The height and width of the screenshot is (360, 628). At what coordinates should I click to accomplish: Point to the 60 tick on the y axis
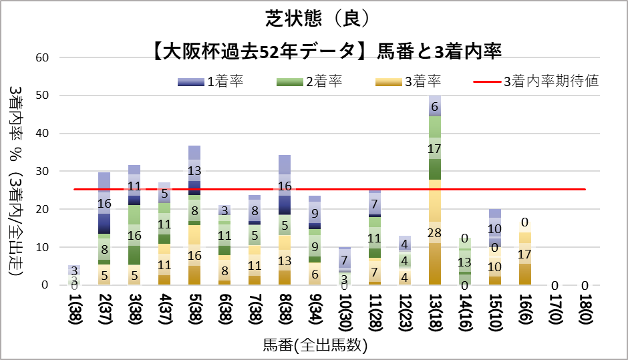[42, 57]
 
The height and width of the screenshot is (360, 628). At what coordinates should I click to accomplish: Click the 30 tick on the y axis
[42, 172]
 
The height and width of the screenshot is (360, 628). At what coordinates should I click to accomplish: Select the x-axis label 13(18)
[435, 314]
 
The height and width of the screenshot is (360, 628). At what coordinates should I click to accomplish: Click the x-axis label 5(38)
[194, 314]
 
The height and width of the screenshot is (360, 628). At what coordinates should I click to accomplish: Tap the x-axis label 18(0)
[585, 314]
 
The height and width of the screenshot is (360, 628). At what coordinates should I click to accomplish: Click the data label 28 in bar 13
[435, 233]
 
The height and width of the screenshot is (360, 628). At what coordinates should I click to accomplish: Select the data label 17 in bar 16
[525, 254]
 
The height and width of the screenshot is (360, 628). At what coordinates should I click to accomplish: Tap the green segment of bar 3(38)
[134, 235]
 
